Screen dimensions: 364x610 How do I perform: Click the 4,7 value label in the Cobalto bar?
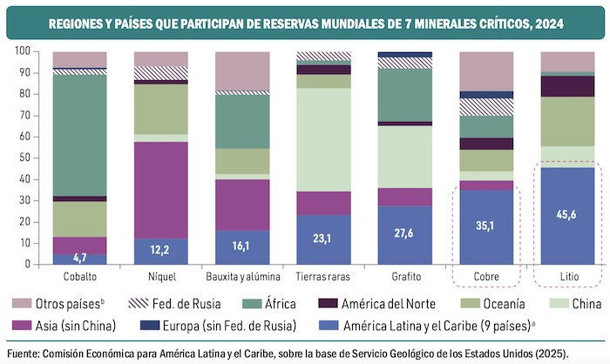tap(79, 258)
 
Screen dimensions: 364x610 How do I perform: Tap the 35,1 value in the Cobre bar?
tap(486, 224)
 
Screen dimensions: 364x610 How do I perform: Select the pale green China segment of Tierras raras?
tap(323, 139)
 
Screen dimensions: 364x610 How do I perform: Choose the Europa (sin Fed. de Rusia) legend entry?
tap(227, 327)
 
